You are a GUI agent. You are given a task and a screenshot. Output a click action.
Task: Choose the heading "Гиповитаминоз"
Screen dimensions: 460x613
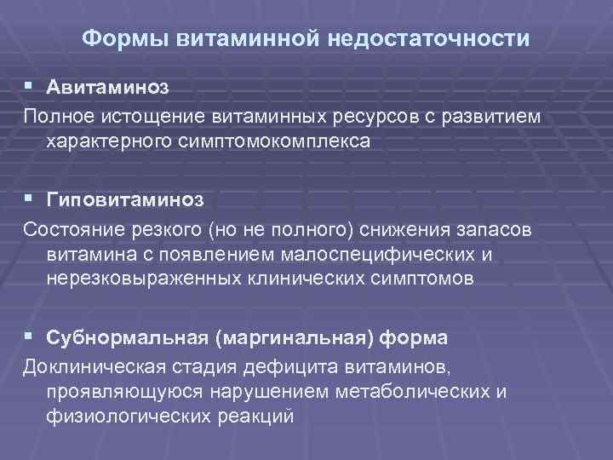click(x=126, y=198)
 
